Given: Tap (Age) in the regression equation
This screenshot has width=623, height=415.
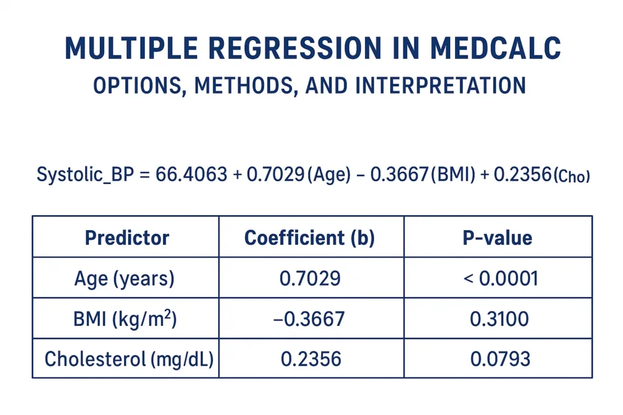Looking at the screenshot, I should (x=329, y=175).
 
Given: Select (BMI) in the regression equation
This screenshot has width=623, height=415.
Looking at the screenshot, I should (x=451, y=175).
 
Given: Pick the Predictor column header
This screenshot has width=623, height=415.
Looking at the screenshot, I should (x=127, y=238).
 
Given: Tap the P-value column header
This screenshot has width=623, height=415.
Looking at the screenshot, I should (x=497, y=238).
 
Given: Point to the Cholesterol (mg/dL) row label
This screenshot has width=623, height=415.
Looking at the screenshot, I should (x=129, y=359).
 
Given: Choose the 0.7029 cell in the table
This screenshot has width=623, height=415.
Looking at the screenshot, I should (x=310, y=278).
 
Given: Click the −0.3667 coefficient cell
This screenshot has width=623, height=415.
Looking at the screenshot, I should (x=310, y=319).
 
